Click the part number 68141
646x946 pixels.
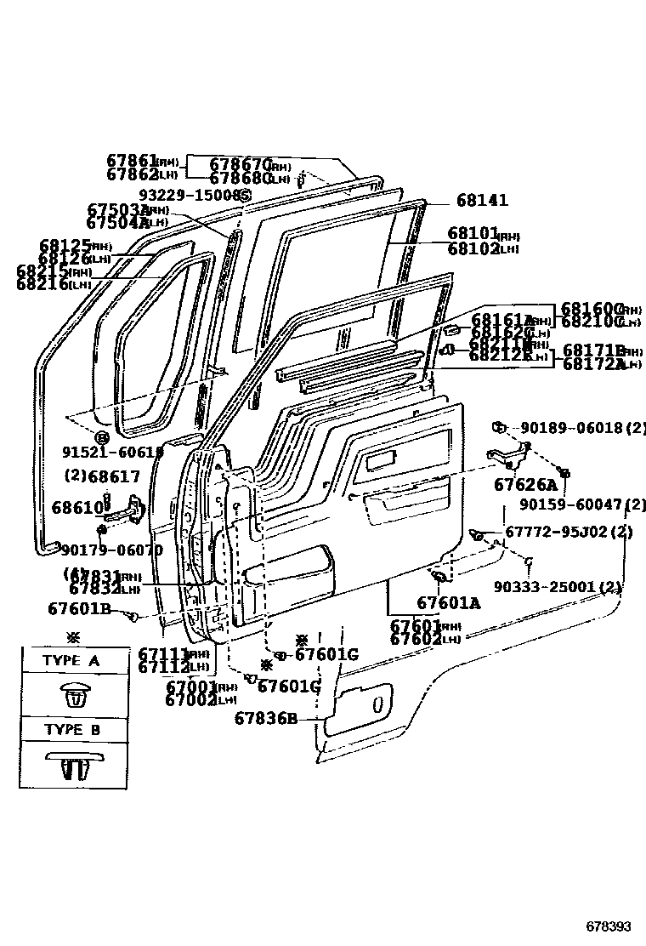click(482, 201)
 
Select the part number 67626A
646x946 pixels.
click(525, 485)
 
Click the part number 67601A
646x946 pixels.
click(449, 603)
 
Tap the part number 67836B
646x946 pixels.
click(266, 718)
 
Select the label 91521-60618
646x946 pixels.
click(112, 453)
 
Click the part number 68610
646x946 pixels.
click(76, 507)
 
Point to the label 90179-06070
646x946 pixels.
click(111, 550)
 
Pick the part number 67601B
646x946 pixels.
click(80, 608)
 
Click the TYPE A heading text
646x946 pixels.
click(72, 660)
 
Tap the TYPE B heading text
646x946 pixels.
click(72, 729)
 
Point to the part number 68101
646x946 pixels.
click(473, 232)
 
